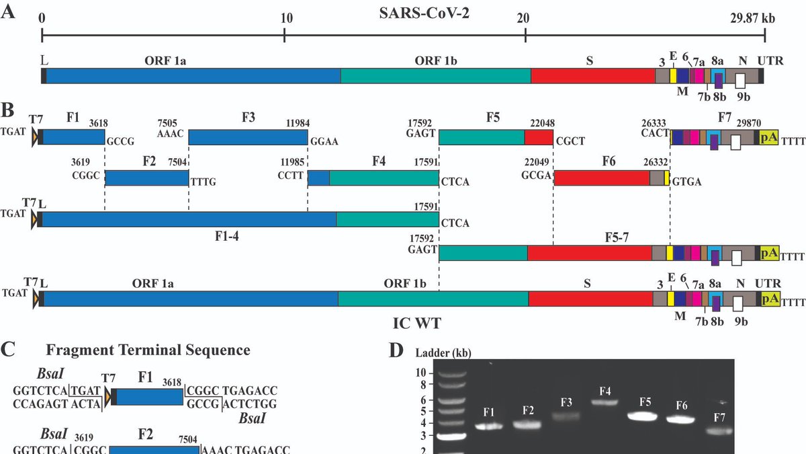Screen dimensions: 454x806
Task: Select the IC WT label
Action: coord(417,324)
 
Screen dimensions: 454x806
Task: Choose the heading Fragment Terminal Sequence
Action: coord(148,350)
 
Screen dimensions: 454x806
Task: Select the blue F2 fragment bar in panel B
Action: coord(146,178)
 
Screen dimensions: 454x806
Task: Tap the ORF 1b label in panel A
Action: coord(437,61)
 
